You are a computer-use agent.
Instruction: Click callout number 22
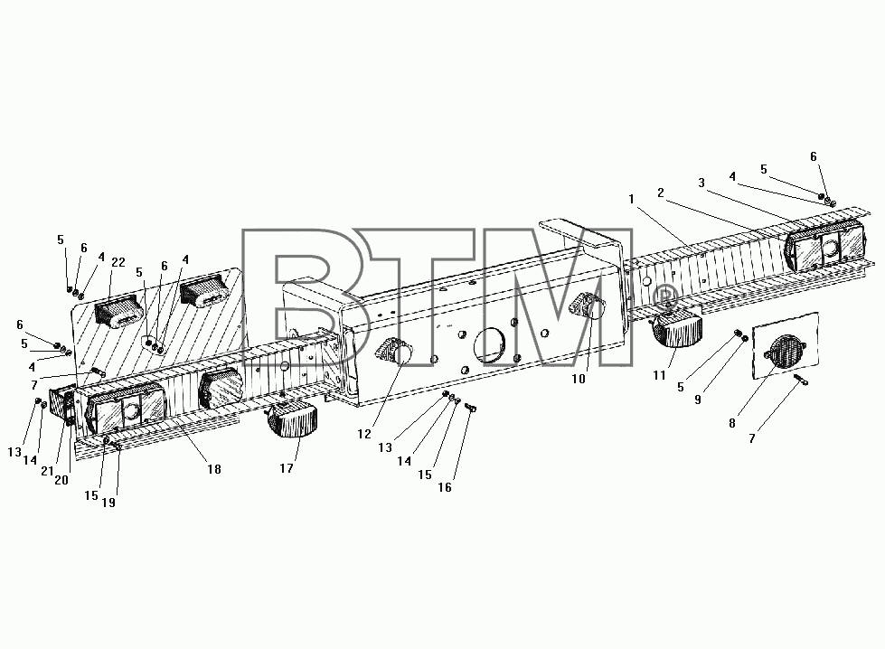pos(118,262)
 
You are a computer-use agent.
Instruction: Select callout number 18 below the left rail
pos(214,469)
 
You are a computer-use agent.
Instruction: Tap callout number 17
pos(287,468)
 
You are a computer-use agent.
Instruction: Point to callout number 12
pos(364,433)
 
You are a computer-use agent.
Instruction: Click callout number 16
pos(445,487)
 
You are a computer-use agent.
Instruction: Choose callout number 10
pos(579,380)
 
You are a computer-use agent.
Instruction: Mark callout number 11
pos(659,375)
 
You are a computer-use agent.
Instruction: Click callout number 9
pos(698,400)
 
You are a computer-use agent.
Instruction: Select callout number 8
pos(732,423)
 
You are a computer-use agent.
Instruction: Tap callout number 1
pos(631,199)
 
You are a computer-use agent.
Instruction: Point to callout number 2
pos(661,193)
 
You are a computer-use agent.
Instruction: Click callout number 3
pos(701,183)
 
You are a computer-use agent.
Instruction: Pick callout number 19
pos(108,503)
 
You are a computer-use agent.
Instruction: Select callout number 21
pos(47,471)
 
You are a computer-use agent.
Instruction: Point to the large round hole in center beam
pos(490,344)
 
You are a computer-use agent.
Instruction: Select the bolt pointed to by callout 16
pos(473,408)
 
